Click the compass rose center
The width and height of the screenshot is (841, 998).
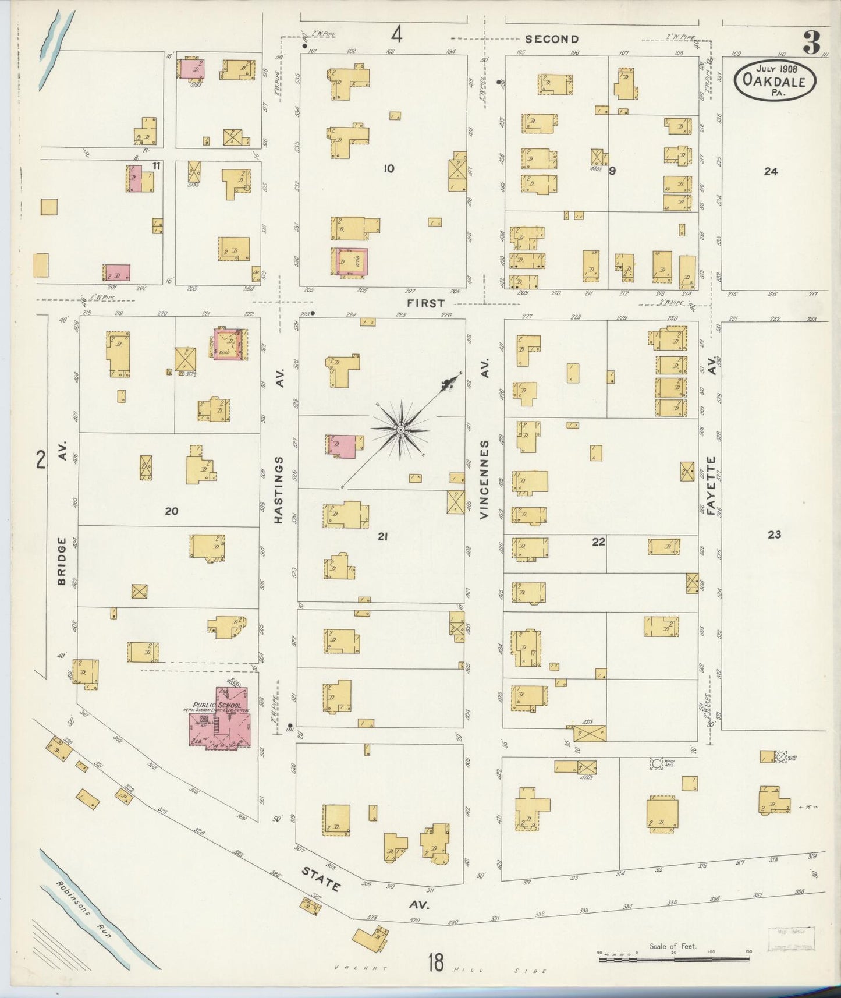tap(400, 430)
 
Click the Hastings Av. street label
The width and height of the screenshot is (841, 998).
tap(279, 489)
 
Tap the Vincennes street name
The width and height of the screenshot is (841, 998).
tap(485, 479)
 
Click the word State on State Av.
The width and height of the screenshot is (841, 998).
tap(321, 878)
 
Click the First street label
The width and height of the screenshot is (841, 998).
tap(425, 303)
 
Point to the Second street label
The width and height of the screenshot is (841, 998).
tap(551, 39)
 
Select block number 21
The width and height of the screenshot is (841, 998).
tap(382, 536)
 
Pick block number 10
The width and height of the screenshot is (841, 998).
tap(389, 169)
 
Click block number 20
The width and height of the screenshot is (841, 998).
tap(171, 511)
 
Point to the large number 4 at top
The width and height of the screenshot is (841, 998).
tap(396, 36)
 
